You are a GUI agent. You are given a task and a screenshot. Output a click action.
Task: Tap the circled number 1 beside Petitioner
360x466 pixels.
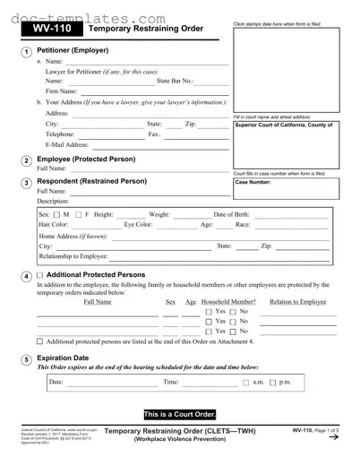[x=26, y=51]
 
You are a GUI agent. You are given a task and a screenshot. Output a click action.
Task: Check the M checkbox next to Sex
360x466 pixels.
[x=56, y=215]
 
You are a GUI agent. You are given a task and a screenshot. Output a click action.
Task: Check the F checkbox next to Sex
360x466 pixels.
[x=78, y=215]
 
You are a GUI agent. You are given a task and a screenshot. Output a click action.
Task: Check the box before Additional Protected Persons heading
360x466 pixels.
[x=39, y=275]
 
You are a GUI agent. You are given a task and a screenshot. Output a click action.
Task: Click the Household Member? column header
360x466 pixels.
[x=227, y=302]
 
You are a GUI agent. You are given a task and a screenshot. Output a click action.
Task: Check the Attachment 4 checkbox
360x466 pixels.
[x=39, y=341]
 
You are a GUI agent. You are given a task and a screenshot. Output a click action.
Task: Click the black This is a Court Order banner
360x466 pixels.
[x=180, y=414]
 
